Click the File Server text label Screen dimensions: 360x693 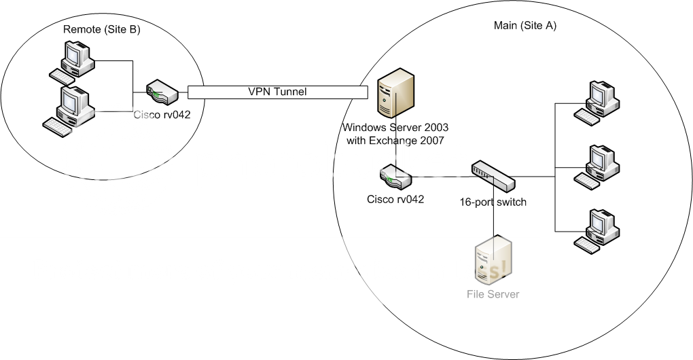[x=493, y=294]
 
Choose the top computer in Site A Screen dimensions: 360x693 [x=596, y=103]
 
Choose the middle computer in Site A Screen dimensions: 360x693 [x=596, y=166]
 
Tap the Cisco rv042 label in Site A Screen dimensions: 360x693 [x=396, y=199]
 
